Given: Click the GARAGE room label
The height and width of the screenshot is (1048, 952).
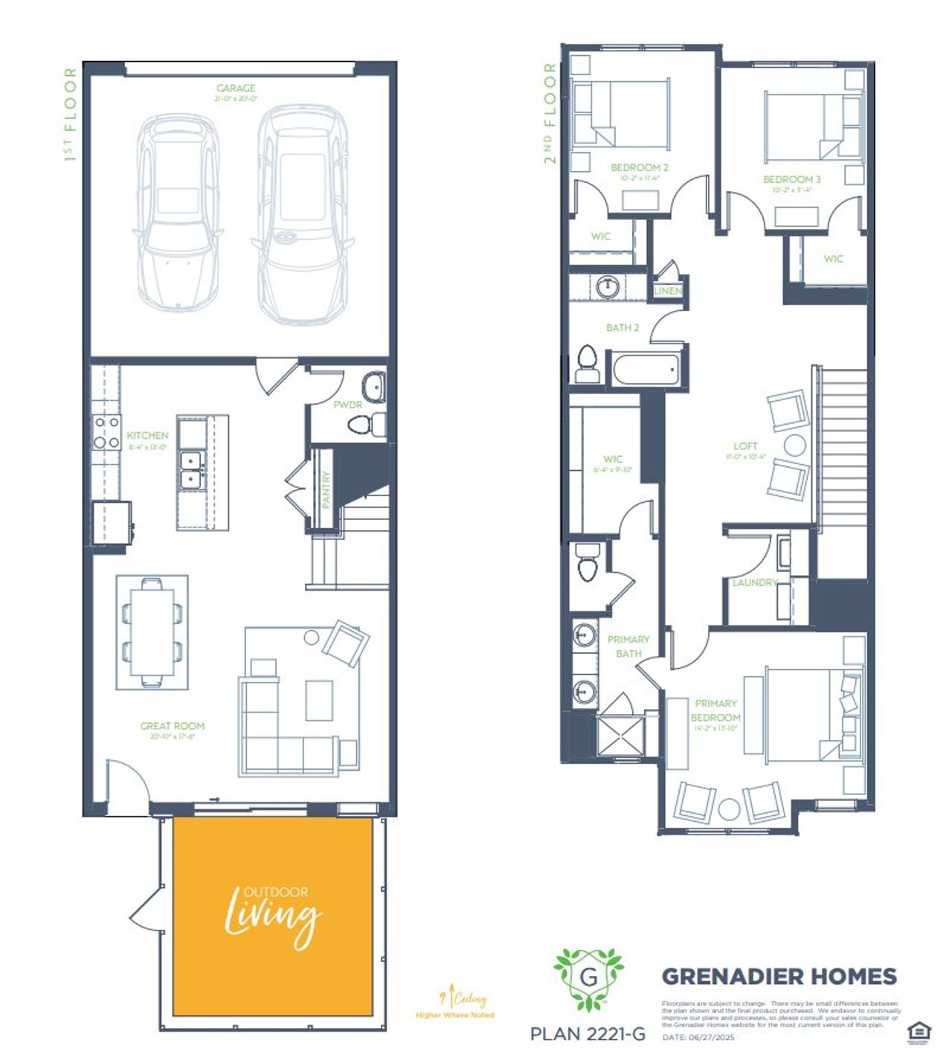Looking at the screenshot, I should [236, 89].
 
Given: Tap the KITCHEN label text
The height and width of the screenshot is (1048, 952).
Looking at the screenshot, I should [147, 435].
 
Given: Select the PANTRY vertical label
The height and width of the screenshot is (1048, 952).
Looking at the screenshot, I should [326, 489].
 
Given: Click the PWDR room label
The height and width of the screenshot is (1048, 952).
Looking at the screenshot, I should [347, 405].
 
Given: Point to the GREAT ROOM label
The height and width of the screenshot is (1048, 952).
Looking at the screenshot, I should [172, 726].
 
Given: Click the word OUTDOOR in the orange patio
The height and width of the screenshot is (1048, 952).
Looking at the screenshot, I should [276, 892].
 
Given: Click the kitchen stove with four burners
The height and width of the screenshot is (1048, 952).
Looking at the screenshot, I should [106, 432].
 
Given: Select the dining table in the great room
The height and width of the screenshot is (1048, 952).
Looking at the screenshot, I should [152, 632].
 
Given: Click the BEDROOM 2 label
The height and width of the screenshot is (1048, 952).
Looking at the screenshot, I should [640, 168].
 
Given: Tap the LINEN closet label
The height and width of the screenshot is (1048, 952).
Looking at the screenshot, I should [667, 291].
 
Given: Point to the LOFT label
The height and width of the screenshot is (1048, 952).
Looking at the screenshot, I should [745, 446].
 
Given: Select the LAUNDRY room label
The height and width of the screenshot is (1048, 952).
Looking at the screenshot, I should [754, 582].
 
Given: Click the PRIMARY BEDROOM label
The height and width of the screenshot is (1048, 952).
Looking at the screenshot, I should [715, 710].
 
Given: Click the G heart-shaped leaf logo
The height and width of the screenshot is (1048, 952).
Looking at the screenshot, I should [588, 977].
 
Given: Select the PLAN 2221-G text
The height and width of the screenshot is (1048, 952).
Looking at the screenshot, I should [588, 1033].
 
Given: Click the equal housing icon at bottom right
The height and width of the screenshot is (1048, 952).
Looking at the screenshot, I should [919, 1032].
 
